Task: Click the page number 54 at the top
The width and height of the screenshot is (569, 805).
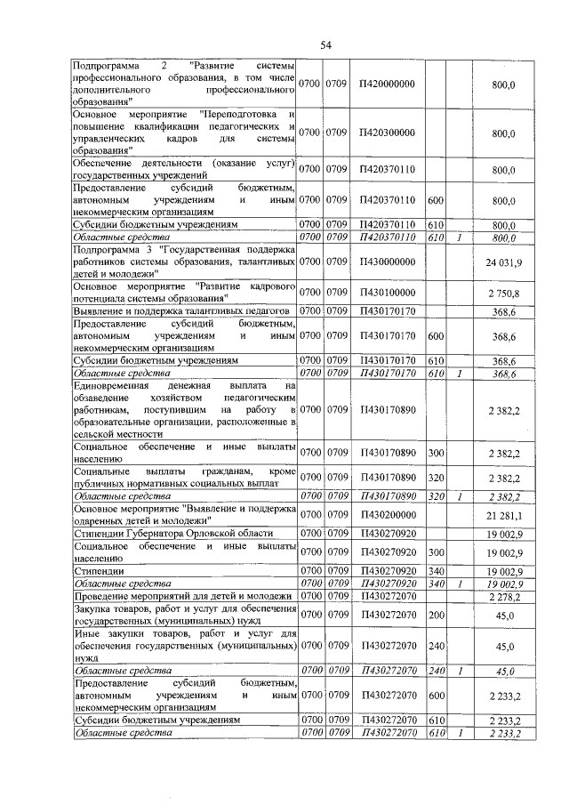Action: click(325, 45)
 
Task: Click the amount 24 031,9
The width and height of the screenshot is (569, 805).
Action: click(504, 262)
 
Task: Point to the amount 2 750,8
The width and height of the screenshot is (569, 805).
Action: click(504, 293)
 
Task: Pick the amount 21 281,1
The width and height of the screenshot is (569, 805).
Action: click(504, 515)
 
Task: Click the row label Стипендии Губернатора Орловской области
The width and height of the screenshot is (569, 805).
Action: click(173, 533)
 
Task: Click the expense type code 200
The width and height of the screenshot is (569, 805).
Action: click(436, 613)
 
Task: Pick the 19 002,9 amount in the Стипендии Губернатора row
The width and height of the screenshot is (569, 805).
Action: click(504, 533)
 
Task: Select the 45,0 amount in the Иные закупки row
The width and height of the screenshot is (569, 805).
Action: click(504, 647)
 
